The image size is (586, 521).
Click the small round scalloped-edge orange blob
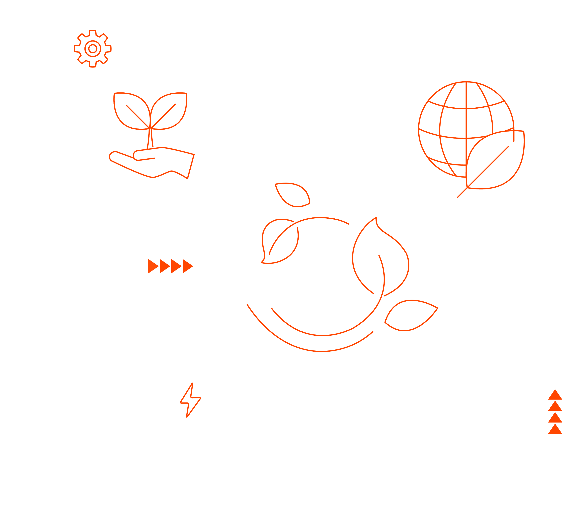pyautogui.click(x=92, y=49)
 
